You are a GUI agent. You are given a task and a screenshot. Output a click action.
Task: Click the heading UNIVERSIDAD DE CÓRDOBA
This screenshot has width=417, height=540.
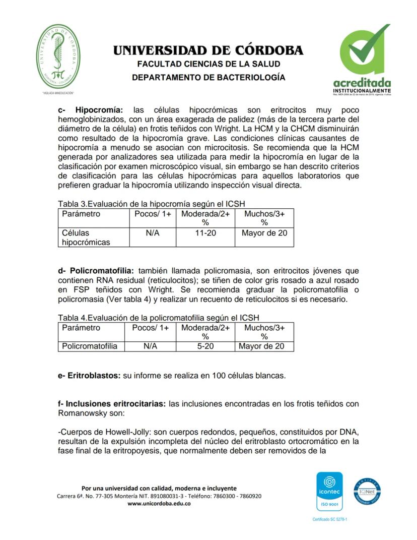coord(208,50)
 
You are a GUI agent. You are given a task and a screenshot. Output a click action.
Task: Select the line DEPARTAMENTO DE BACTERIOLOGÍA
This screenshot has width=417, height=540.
coord(208,77)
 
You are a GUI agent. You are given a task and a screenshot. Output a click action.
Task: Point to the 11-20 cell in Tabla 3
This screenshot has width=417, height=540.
coord(205,233)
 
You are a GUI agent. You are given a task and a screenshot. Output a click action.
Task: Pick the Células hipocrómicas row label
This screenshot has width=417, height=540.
coord(86,237)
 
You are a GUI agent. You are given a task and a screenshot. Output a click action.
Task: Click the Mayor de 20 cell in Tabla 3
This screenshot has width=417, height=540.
coord(264,233)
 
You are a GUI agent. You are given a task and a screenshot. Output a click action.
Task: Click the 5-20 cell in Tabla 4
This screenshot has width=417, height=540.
coord(205,346)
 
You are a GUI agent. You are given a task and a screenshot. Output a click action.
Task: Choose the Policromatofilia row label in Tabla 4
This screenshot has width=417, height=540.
coord(90,346)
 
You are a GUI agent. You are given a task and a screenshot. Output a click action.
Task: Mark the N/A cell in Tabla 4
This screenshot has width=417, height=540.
coord(150,346)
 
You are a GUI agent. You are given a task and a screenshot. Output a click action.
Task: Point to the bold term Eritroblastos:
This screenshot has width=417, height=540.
coord(93,376)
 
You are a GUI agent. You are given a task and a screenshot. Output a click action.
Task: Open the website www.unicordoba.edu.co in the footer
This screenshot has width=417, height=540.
coord(159,503)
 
